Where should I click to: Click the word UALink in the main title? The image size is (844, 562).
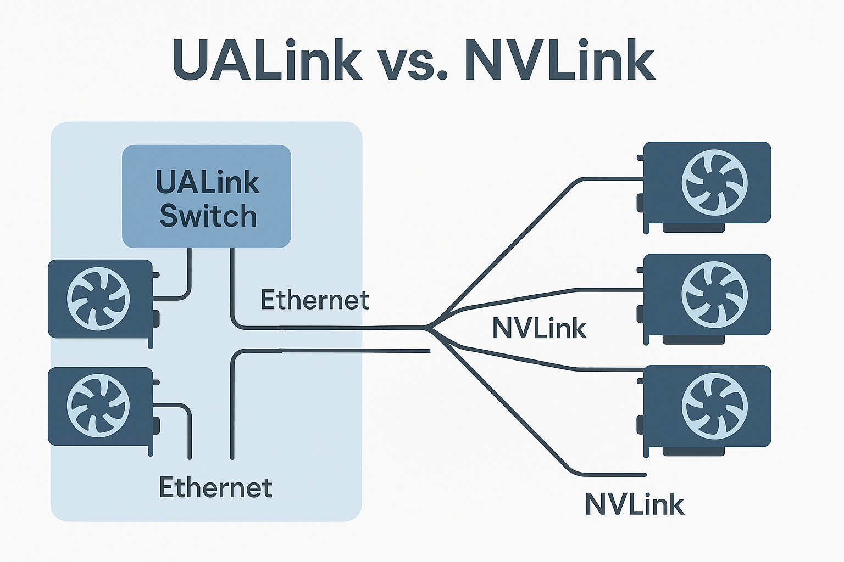[267, 60]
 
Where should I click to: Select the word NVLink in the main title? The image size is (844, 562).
[559, 60]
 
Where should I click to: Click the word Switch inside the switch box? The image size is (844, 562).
[208, 216]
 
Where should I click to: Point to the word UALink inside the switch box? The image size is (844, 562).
[208, 182]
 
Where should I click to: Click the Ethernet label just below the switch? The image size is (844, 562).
[314, 300]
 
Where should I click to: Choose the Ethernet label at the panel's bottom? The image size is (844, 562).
[215, 487]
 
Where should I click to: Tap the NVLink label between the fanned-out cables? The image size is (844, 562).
[539, 329]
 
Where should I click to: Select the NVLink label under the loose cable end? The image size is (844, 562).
[634, 504]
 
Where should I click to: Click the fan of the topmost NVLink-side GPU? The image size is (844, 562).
[714, 183]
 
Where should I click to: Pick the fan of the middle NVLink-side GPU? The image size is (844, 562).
[714, 295]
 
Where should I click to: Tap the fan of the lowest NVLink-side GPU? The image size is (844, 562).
[714, 406]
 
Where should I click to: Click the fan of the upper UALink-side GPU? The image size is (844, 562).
[98, 299]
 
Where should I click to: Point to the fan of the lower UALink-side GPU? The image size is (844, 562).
[98, 406]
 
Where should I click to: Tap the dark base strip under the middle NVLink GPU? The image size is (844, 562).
[693, 340]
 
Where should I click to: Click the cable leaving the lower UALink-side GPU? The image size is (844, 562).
[184, 408]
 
